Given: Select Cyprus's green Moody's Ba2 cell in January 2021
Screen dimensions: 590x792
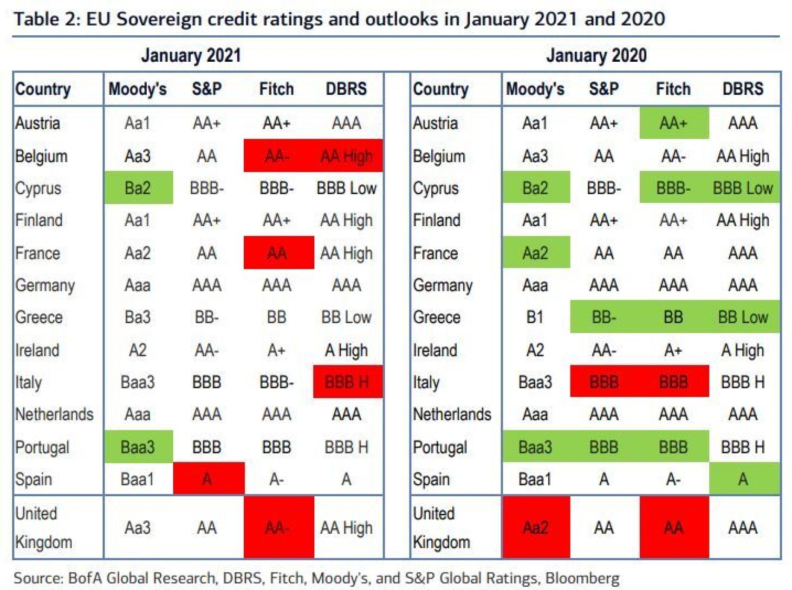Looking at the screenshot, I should pyautogui.click(x=138, y=188).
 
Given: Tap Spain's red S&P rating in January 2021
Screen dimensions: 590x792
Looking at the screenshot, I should pyautogui.click(x=208, y=479).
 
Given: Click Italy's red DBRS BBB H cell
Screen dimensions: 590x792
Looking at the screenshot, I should pyautogui.click(x=347, y=382).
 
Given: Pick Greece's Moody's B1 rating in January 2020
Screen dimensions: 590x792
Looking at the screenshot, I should pyautogui.click(x=535, y=317).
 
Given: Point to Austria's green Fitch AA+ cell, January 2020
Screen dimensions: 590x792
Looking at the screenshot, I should pyautogui.click(x=673, y=123).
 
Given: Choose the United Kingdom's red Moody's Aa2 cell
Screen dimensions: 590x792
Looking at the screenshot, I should pyautogui.click(x=535, y=527).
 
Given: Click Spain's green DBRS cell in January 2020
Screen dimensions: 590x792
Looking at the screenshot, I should pyautogui.click(x=743, y=479).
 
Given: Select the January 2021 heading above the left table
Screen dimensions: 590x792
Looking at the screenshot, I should pyautogui.click(x=191, y=55).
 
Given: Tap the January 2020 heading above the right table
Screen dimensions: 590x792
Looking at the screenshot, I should pyautogui.click(x=596, y=55).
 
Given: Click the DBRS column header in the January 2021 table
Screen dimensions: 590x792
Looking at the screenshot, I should pyautogui.click(x=346, y=89).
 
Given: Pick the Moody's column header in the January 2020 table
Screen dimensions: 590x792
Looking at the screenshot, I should pyautogui.click(x=535, y=89).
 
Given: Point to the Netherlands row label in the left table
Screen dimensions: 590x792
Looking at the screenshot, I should pyautogui.click(x=54, y=414).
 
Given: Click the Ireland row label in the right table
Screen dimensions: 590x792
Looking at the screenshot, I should pyautogui.click(x=435, y=350).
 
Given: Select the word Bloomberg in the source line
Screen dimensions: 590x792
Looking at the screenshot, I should pyautogui.click(x=582, y=578).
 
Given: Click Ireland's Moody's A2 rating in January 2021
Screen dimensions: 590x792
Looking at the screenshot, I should pyautogui.click(x=138, y=350).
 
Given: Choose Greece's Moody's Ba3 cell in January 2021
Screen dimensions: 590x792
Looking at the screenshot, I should pyautogui.click(x=138, y=317).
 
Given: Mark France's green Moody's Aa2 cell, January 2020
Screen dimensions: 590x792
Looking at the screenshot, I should pyautogui.click(x=535, y=253).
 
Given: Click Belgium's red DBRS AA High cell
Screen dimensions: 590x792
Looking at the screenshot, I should pyautogui.click(x=347, y=156).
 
